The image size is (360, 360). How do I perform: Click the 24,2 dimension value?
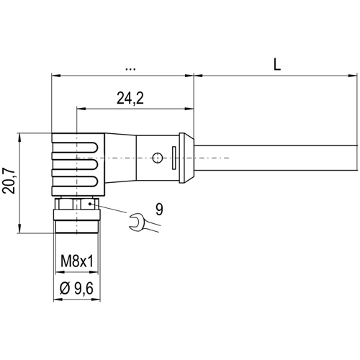pyautogui.click(x=130, y=99)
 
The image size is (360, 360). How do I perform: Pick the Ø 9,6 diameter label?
pyautogui.click(x=76, y=289)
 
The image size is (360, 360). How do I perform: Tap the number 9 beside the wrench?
pyautogui.click(x=158, y=211)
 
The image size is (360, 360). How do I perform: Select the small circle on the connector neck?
pyautogui.click(x=158, y=156)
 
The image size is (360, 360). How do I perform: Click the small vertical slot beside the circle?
pyautogui.click(x=173, y=156)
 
